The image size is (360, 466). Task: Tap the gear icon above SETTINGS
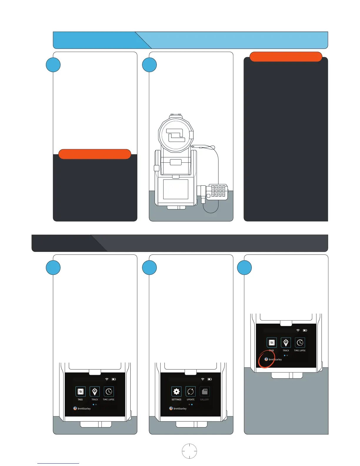click(x=176, y=392)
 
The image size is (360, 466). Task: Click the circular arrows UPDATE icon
click(x=191, y=392)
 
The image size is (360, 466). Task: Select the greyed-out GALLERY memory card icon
click(x=205, y=392)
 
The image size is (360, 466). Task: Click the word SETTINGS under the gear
click(x=176, y=400)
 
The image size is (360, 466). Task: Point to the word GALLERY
click(x=204, y=400)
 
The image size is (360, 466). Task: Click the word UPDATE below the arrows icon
click(x=191, y=400)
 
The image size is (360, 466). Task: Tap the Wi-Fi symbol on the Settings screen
click(x=203, y=379)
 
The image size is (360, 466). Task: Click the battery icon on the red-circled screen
click(x=305, y=330)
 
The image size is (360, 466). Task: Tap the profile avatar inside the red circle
click(x=266, y=359)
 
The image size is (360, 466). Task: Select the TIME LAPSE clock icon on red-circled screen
click(x=300, y=342)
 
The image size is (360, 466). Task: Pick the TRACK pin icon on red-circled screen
click(x=286, y=342)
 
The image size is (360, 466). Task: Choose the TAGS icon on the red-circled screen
click(x=272, y=342)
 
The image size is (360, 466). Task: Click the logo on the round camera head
click(x=176, y=135)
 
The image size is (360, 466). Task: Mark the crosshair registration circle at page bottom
click(x=189, y=451)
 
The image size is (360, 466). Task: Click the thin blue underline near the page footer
click(x=58, y=463)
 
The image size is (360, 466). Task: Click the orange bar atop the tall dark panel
click(x=286, y=56)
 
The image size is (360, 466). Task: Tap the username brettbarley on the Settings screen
click(x=180, y=409)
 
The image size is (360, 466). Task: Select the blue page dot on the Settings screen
click(x=192, y=405)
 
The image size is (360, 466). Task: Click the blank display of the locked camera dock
click(x=176, y=189)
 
